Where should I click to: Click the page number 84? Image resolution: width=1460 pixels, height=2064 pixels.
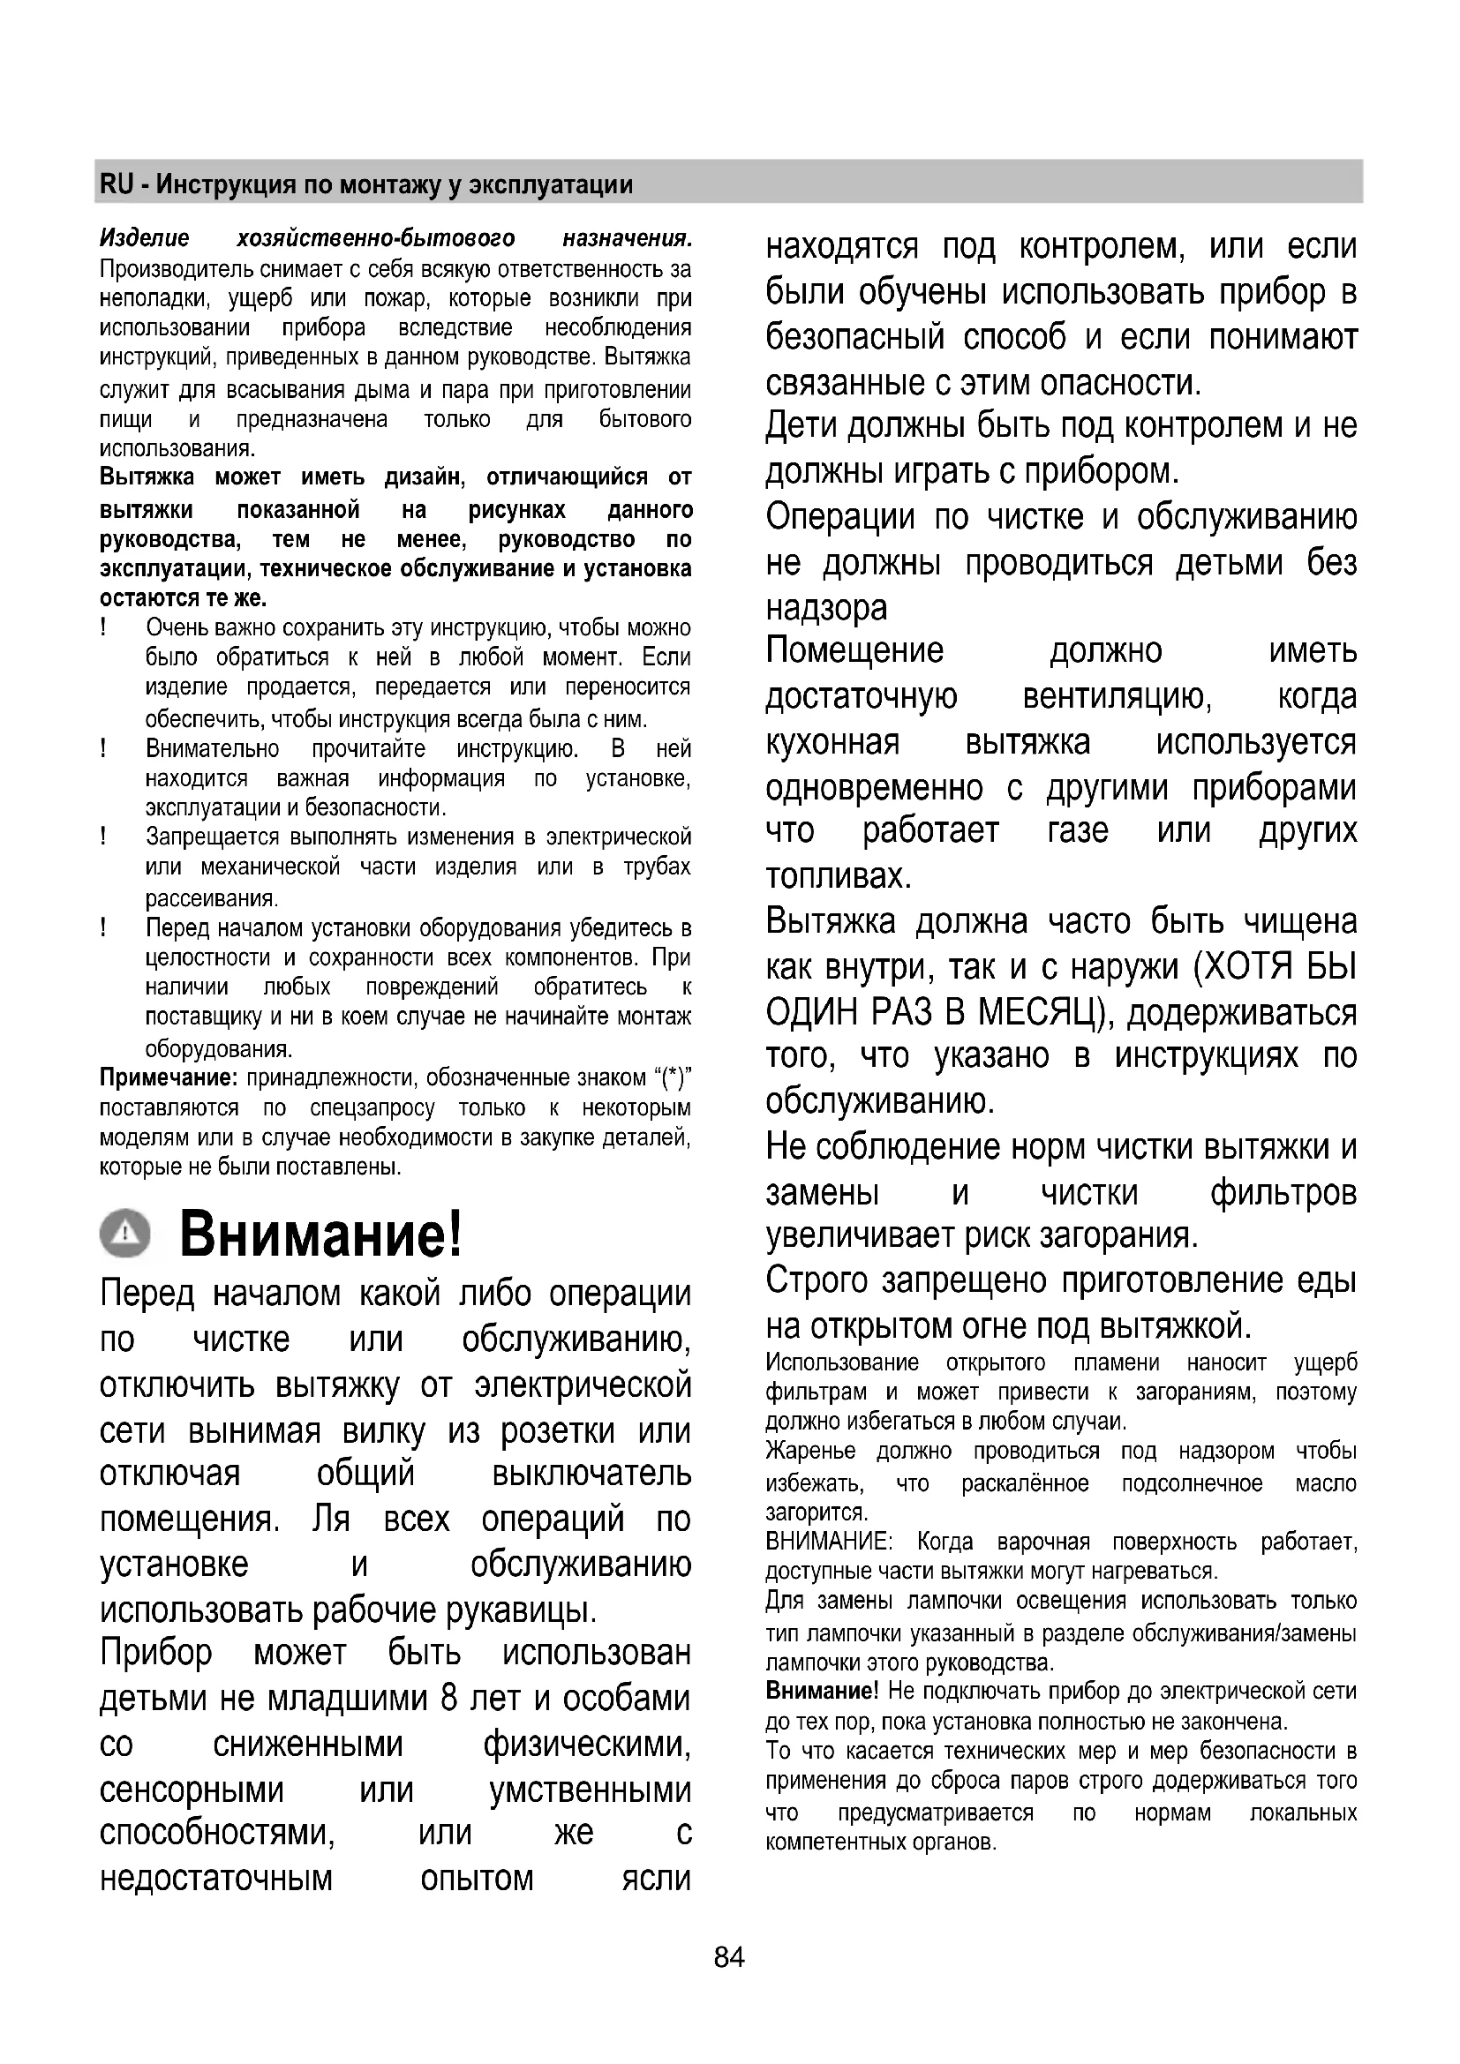coord(729,1957)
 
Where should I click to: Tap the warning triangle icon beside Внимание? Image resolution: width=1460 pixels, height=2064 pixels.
coord(125,1232)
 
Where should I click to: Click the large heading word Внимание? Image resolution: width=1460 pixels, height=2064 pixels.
coord(321,1235)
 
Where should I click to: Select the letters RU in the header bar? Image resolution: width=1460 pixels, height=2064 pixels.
coord(117,184)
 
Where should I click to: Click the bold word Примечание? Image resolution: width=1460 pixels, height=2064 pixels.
coord(168,1077)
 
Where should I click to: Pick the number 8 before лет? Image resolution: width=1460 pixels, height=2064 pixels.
coord(450,1698)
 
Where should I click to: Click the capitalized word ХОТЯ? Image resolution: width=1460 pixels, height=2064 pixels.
coord(1246,968)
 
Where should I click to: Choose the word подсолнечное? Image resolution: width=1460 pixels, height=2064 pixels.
coord(1192,1483)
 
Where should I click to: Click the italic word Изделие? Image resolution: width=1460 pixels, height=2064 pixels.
coord(145,238)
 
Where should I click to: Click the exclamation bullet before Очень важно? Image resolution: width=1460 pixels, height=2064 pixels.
coord(104,627)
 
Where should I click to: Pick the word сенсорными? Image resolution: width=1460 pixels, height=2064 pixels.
coord(192,1790)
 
